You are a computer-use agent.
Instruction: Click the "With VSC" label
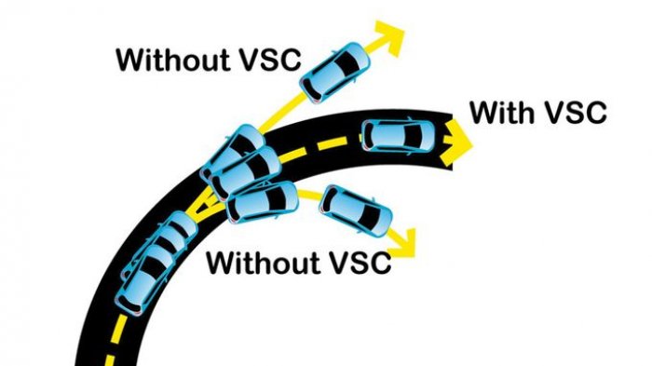538,113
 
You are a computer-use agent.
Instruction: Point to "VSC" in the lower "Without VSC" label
357,262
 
